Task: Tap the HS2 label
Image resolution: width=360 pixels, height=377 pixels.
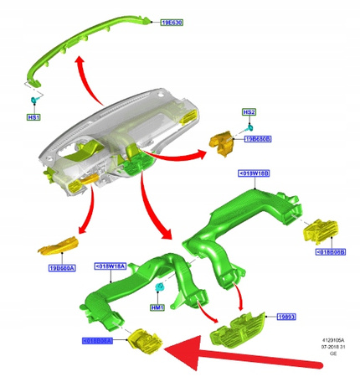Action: pos(249,111)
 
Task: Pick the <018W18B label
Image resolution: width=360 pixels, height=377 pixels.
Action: pos(254,173)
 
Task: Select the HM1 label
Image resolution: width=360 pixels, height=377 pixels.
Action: pos(156,307)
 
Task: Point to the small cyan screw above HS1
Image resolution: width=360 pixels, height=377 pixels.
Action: pos(33,100)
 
